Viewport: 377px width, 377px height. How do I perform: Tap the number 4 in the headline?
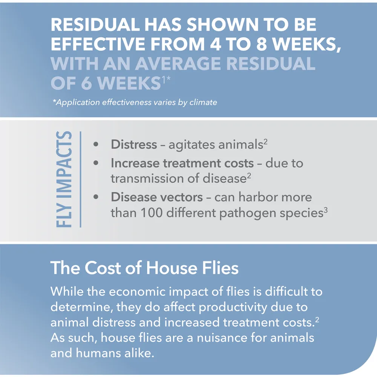pyautogui.click(x=215, y=44)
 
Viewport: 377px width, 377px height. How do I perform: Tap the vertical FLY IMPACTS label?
pyautogui.click(x=64, y=179)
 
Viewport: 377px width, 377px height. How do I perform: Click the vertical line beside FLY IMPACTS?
pyautogui.click(x=80, y=179)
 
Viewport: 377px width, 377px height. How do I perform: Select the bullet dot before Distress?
pyautogui.click(x=96, y=144)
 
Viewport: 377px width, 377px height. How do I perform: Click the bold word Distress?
pyautogui.click(x=134, y=144)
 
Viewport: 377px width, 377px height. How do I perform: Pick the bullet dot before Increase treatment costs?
pyautogui.click(x=96, y=163)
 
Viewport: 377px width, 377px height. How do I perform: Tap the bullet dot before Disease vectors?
pyautogui.click(x=96, y=197)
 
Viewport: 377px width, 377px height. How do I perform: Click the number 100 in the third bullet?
pyautogui.click(x=152, y=213)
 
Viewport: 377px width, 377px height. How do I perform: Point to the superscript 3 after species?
pyautogui.click(x=326, y=210)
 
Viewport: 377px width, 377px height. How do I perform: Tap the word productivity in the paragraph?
pyautogui.click(x=233, y=307)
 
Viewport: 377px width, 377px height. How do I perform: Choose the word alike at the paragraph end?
pyautogui.click(x=139, y=353)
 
